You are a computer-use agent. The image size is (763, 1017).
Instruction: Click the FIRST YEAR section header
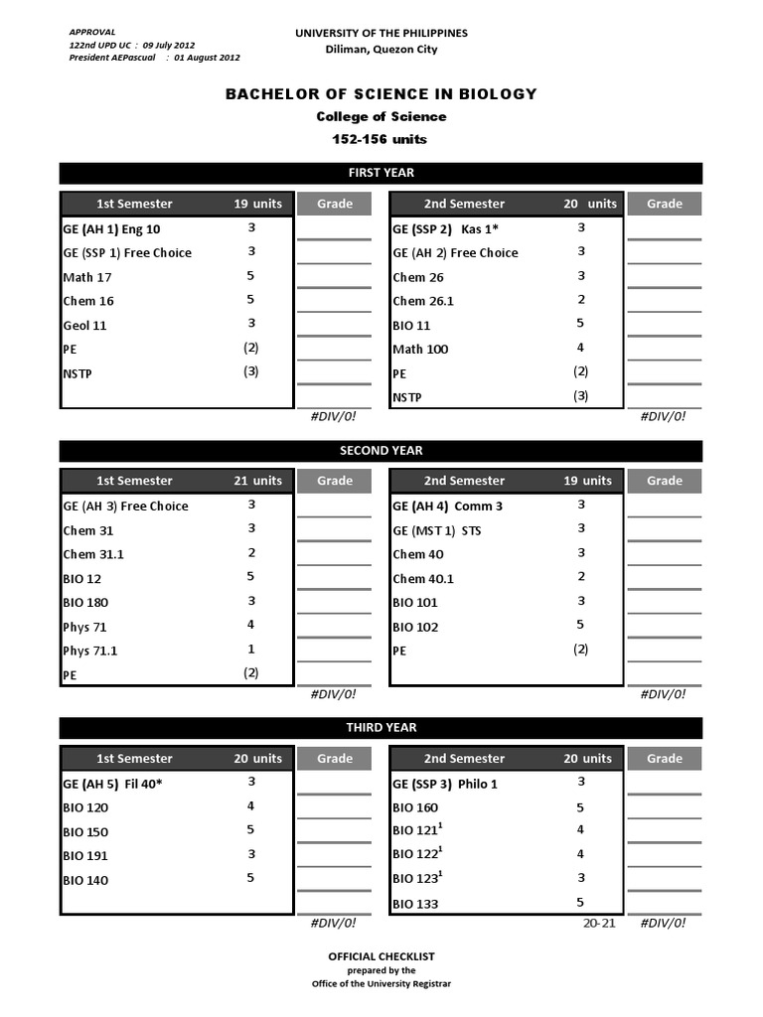click(381, 173)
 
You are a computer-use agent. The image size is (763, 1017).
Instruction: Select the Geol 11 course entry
click(84, 325)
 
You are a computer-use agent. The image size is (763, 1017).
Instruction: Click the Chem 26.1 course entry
click(422, 301)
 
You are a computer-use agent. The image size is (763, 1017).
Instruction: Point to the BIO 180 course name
click(85, 602)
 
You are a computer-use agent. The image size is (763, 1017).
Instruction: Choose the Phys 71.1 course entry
click(89, 651)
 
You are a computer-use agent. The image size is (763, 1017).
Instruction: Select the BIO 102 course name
click(415, 627)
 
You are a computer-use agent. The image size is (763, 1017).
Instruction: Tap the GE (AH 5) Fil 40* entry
click(112, 783)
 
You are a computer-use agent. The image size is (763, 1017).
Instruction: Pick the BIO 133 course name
click(415, 904)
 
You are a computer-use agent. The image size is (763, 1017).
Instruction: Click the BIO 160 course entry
click(415, 807)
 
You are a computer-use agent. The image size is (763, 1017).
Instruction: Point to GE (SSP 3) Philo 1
click(445, 783)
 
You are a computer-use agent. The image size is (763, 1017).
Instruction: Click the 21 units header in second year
click(257, 481)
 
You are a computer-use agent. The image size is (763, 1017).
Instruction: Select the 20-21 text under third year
click(599, 923)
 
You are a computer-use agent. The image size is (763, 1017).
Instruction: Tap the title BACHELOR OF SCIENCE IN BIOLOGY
click(381, 94)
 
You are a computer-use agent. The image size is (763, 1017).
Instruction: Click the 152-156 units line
click(381, 139)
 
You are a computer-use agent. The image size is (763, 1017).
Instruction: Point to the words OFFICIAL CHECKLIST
click(381, 956)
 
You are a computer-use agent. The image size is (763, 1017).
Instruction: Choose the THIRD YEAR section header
click(381, 728)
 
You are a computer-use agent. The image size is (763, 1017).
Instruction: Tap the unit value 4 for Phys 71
click(251, 625)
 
